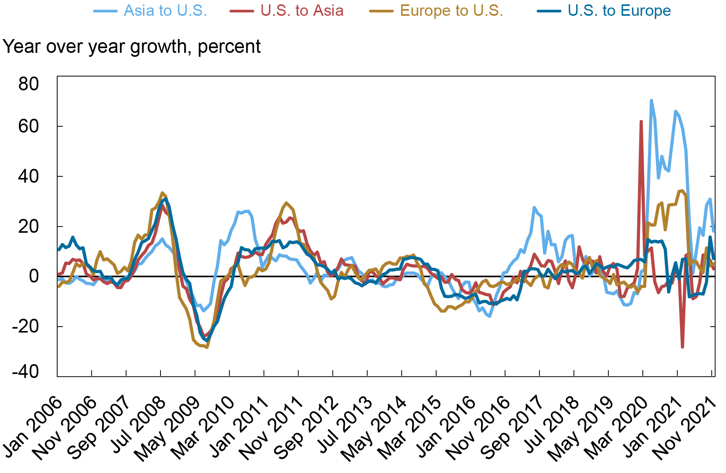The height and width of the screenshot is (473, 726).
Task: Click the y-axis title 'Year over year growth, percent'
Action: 131,47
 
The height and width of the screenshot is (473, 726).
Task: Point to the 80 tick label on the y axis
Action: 28,84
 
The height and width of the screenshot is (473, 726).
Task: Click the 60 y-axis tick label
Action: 28,126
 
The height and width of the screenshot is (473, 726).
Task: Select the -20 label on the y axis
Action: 25,326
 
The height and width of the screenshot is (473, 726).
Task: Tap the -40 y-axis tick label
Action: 25,372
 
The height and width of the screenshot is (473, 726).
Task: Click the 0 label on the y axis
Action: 34,276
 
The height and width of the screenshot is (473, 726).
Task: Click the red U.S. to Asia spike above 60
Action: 641,122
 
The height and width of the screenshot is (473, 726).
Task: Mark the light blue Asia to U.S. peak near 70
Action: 651,101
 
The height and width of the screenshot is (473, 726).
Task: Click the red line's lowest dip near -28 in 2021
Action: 682,347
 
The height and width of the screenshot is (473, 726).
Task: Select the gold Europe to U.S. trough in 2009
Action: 207,347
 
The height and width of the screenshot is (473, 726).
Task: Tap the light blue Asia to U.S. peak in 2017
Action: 534,207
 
